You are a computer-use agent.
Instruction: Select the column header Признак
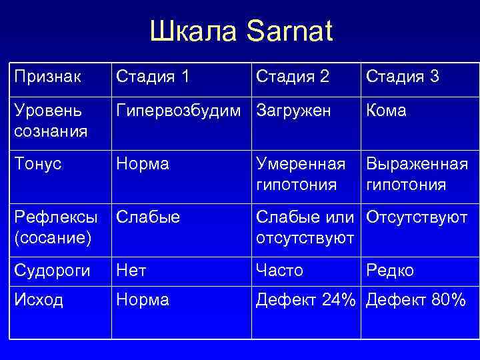coord(49,77)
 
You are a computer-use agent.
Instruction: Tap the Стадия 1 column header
coord(153,77)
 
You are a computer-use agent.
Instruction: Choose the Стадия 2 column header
coord(292,77)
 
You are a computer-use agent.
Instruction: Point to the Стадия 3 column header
coord(401,77)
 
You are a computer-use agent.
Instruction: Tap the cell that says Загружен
coord(293,111)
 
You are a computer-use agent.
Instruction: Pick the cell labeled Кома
coord(386,111)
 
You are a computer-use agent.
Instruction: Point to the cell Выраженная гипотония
coord(417,174)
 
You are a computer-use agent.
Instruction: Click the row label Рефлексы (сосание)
coord(53,227)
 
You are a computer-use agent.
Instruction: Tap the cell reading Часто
coord(279,270)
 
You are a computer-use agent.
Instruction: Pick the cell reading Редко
coord(390,270)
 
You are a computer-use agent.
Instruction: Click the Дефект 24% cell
coord(306,301)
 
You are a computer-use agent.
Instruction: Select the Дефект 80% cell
coord(415,301)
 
